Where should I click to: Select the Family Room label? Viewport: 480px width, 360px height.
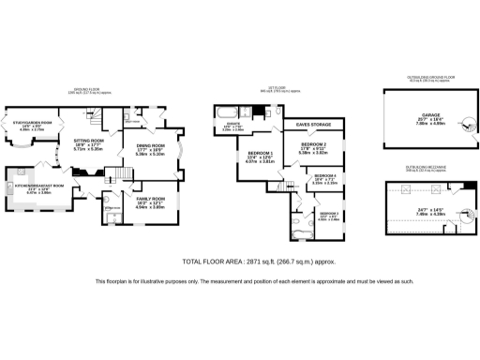tap(152, 200)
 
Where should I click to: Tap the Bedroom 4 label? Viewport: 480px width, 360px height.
tap(324, 175)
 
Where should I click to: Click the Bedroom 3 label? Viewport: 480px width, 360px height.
tap(327, 214)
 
